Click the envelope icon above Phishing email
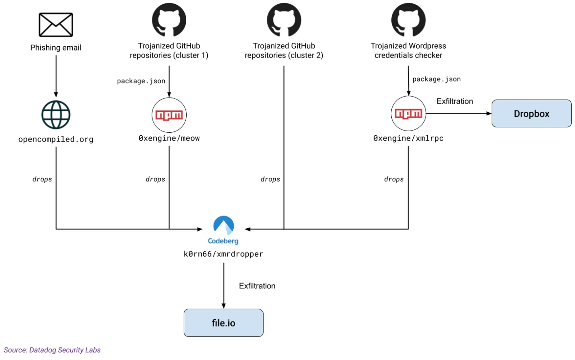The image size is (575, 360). tap(56, 25)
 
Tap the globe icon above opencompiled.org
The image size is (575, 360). tap(56, 115)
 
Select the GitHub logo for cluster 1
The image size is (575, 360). tap(169, 20)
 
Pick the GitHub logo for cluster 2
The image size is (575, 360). tap(284, 20)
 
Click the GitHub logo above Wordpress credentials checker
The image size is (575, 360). tap(408, 20)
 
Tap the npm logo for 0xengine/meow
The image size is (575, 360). tap(169, 115)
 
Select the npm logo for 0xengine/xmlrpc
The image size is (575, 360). tap(408, 114)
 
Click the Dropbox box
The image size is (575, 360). tap(531, 114)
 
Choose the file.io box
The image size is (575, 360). tap(223, 323)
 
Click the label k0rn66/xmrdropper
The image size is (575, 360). tap(223, 254)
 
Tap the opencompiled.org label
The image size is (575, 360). tap(56, 139)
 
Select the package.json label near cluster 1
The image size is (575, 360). tap(141, 81)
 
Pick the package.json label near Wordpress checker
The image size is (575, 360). tap(436, 79)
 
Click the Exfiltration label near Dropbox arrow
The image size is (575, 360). tap(454, 101)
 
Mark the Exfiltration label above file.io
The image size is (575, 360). tap(257, 286)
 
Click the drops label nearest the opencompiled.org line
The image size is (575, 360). tap(42, 179)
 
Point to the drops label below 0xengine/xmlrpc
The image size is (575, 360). tap(394, 179)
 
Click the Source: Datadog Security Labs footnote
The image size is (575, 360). tap(52, 350)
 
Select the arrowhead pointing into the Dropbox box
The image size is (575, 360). tap(489, 114)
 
